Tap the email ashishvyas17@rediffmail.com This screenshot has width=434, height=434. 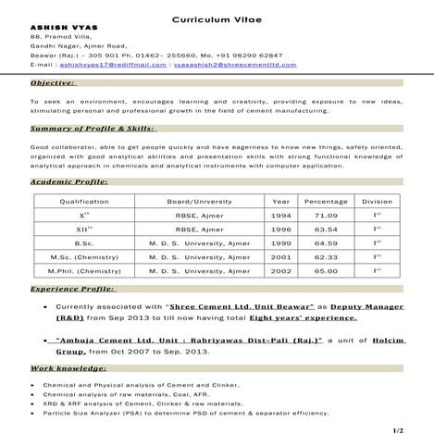tap(113, 65)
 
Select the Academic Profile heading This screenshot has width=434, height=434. tap(69, 182)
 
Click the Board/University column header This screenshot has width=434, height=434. tap(200, 201)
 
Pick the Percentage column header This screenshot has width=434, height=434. tap(326, 201)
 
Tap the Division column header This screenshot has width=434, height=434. tap(377, 201)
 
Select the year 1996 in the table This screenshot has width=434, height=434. tap(281, 229)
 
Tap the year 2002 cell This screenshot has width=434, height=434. tap(281, 270)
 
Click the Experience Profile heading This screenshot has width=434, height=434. tap(72, 290)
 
